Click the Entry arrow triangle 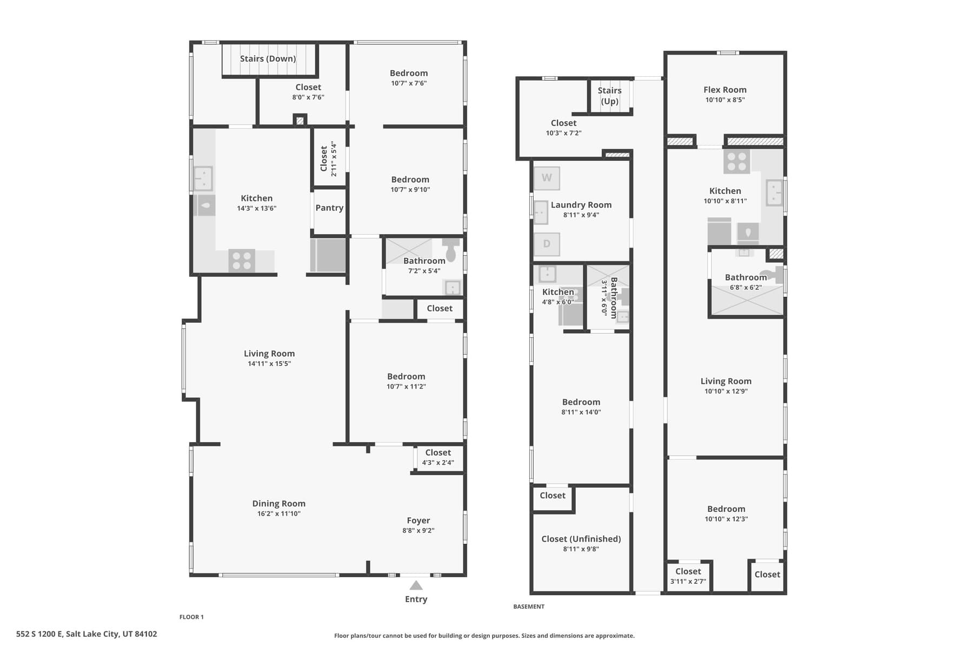(416, 585)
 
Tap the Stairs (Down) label (268, 58)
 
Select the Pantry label (329, 208)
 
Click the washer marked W (547, 178)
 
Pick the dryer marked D (547, 244)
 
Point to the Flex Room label (725, 90)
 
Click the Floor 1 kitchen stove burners (241, 260)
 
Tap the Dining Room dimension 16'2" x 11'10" (279, 514)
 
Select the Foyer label (419, 521)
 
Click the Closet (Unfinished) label (581, 539)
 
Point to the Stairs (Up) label (610, 96)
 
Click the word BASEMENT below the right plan (529, 607)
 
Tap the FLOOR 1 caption (191, 617)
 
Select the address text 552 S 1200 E (39, 634)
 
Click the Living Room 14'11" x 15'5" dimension (269, 364)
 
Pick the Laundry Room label (581, 205)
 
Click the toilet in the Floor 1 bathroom (451, 249)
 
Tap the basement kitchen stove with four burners (736, 161)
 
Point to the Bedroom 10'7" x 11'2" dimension (406, 387)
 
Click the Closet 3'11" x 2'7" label (688, 576)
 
